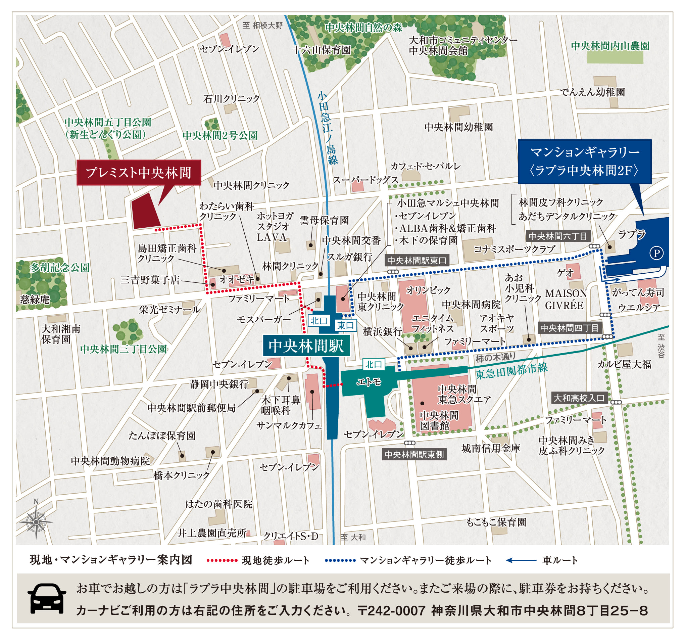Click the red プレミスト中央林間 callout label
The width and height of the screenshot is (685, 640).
click(139, 172)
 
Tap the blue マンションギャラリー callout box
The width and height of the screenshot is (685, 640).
click(584, 161)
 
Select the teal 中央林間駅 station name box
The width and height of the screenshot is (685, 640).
click(306, 346)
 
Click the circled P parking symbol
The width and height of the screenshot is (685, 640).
click(656, 253)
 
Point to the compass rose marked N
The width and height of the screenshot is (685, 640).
click(36, 521)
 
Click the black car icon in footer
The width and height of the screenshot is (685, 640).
click(47, 598)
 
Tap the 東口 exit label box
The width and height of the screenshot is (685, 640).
click(345, 325)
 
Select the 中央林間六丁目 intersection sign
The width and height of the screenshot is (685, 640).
click(558, 236)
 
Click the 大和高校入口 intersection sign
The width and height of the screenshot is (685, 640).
click(579, 398)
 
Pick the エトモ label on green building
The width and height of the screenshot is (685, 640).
click(369, 382)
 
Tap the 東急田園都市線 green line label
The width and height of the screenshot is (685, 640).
click(511, 371)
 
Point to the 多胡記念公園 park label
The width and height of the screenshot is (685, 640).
click(59, 267)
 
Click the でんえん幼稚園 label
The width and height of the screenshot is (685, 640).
click(592, 92)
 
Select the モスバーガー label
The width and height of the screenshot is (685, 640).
click(263, 319)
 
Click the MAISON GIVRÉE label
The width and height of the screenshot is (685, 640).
click(566, 299)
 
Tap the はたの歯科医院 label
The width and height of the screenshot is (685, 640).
click(219, 504)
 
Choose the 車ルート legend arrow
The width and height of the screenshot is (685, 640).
click(521, 560)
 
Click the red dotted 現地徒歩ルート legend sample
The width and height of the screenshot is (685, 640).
click(222, 560)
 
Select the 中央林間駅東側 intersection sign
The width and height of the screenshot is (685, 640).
click(414, 455)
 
